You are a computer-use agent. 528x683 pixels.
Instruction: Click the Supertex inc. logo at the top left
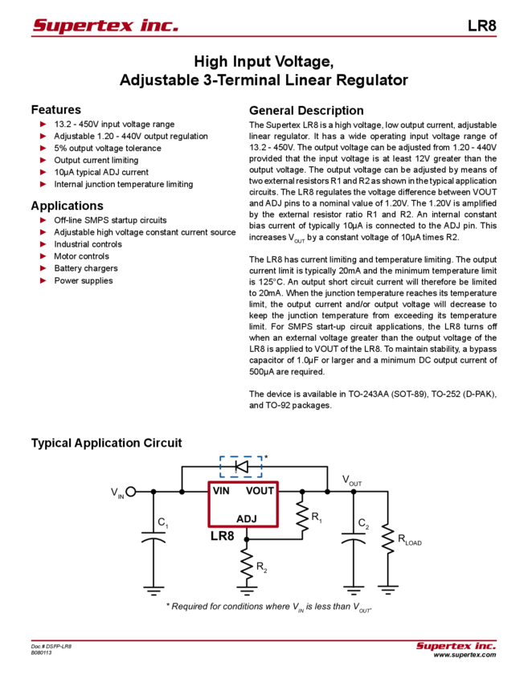[105, 26]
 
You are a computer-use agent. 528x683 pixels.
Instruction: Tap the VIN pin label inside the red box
[222, 489]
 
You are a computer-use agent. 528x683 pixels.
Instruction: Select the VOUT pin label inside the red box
[260, 489]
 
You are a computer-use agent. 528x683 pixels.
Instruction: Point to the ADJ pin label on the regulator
[246, 520]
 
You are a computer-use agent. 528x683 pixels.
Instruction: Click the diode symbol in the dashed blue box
[239, 465]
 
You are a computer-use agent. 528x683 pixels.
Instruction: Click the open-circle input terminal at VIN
[131, 489]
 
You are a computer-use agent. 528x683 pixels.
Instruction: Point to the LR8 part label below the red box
[222, 535]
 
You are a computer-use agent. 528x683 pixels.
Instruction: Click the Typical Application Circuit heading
[109, 443]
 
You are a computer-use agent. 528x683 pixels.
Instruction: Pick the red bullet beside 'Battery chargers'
[43, 268]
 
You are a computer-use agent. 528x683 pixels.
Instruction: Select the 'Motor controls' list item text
[76, 256]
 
